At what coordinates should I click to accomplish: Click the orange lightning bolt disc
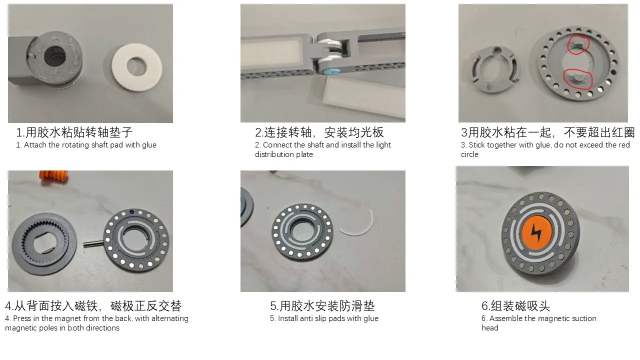pyautogui.click(x=536, y=233)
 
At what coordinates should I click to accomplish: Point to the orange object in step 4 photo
pyautogui.click(x=53, y=176)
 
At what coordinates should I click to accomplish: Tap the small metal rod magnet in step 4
pyautogui.click(x=93, y=243)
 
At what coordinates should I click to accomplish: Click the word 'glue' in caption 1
pyautogui.click(x=148, y=145)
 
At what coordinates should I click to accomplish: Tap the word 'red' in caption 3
pyautogui.click(x=624, y=145)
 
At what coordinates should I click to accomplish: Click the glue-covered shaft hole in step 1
pyautogui.click(x=54, y=57)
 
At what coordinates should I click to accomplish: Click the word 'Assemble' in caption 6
pyautogui.click(x=504, y=318)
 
